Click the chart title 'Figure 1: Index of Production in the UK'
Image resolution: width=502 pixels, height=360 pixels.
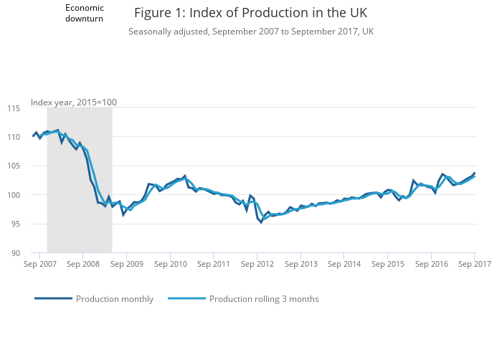(250, 14)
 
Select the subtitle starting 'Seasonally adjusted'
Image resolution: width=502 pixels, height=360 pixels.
(250, 32)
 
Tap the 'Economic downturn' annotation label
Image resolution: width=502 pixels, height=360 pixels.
(85, 13)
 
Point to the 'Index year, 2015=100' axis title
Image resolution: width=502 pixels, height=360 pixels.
(74, 102)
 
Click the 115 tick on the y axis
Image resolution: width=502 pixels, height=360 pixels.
(14, 108)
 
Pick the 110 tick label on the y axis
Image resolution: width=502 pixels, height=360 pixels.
(14, 137)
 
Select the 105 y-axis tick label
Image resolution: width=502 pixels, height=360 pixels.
(14, 166)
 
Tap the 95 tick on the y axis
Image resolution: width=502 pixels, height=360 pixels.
(15, 224)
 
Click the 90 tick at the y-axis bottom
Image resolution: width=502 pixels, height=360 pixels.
(15, 253)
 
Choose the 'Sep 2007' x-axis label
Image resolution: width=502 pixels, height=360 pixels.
(40, 264)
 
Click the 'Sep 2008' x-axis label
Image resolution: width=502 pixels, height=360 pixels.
(82, 264)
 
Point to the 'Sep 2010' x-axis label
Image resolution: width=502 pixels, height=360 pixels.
(170, 264)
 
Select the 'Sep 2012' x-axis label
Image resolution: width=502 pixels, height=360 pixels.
(257, 264)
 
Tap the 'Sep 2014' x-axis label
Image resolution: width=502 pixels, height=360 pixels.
(344, 264)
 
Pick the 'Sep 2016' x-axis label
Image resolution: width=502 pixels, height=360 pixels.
(430, 264)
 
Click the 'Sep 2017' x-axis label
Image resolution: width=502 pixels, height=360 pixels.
(473, 264)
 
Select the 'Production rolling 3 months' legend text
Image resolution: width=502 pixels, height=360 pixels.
(264, 299)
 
